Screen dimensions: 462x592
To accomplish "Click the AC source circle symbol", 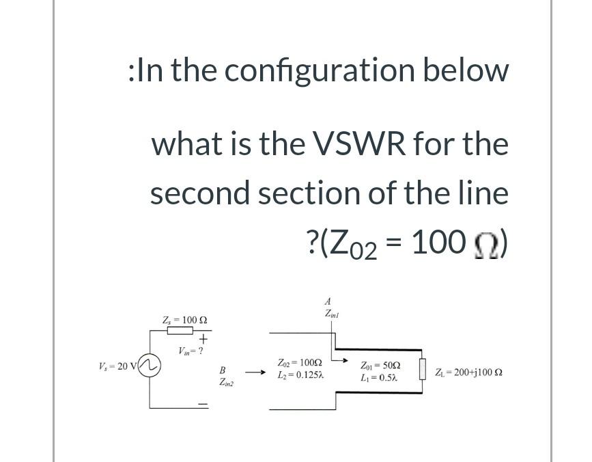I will (150, 366).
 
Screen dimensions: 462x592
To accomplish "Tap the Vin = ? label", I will (192, 351).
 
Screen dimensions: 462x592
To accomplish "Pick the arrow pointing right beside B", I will (255, 373).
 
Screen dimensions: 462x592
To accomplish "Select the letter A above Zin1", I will (328, 301).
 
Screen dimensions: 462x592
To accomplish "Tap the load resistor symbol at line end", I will (423, 373).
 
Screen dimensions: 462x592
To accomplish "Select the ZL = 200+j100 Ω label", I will (477, 373).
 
